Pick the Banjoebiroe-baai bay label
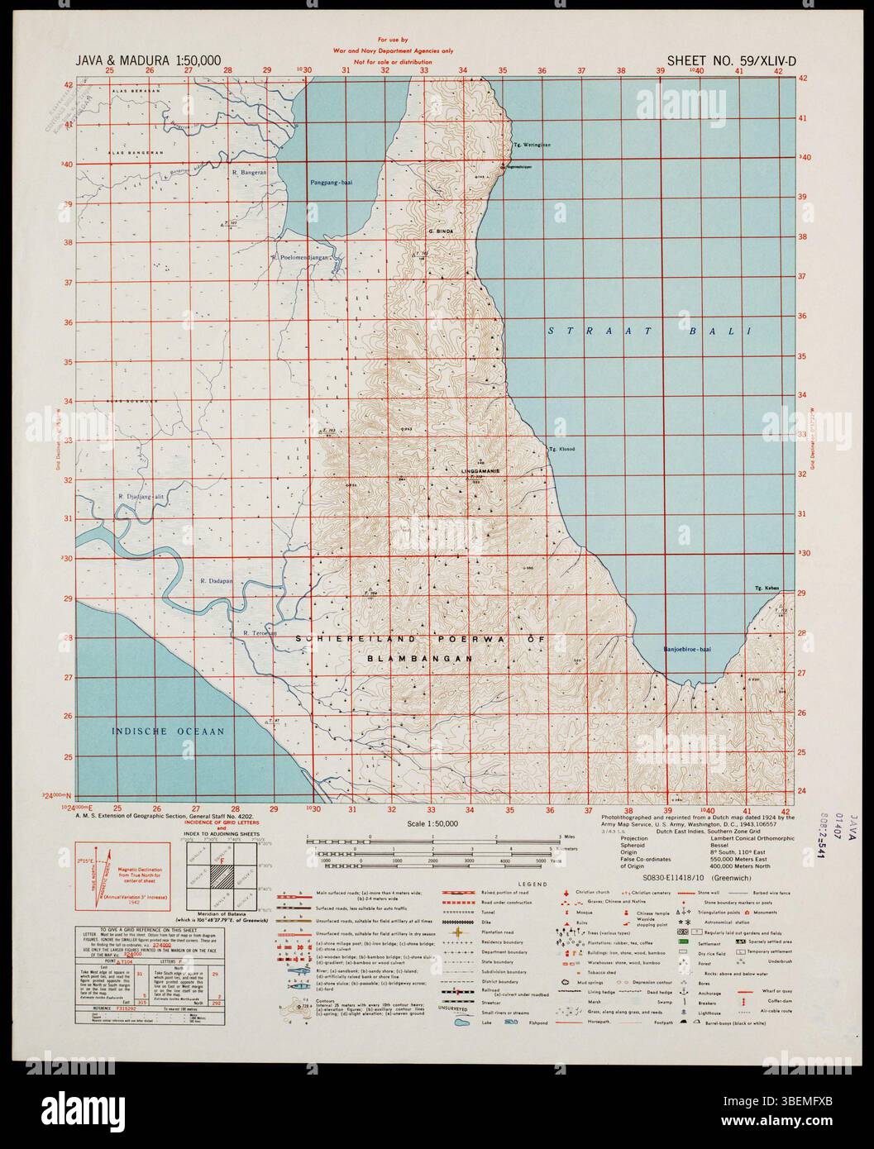(690, 650)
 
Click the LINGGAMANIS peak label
(485, 470)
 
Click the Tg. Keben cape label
(767, 588)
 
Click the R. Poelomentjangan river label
(299, 257)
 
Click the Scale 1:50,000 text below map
(432, 824)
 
